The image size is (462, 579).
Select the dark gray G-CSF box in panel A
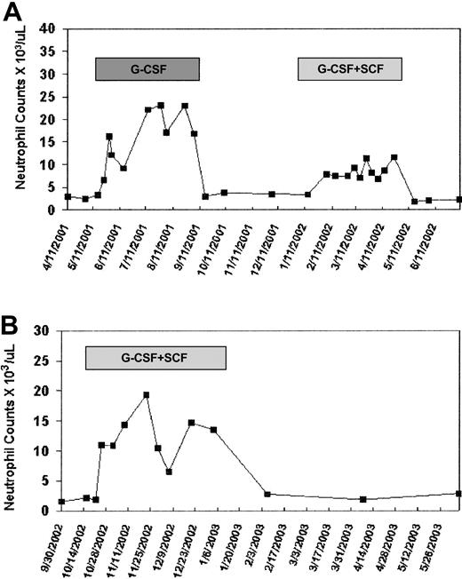147,70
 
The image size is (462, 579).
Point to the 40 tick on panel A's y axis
49,28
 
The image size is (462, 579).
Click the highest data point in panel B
147,395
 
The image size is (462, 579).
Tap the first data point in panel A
68,196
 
